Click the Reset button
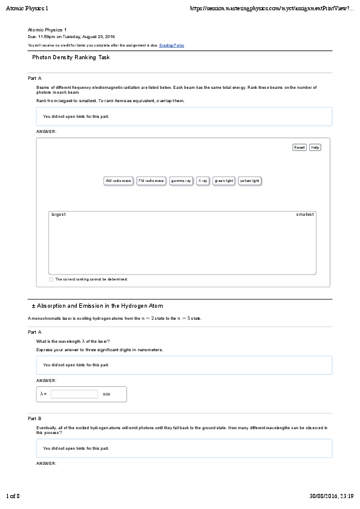299,148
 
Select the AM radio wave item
118,181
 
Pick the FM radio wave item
151,181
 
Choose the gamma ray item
181,181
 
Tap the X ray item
203,181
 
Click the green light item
224,181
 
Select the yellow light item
249,181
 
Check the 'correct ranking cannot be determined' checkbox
51,279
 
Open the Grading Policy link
172,45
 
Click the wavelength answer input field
74,394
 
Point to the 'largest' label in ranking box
59,215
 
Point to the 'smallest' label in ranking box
305,215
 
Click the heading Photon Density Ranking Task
71,57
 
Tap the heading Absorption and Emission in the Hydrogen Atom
97,306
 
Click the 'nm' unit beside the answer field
106,394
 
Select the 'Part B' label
34,418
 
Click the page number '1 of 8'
13,496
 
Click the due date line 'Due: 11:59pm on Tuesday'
71,36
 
